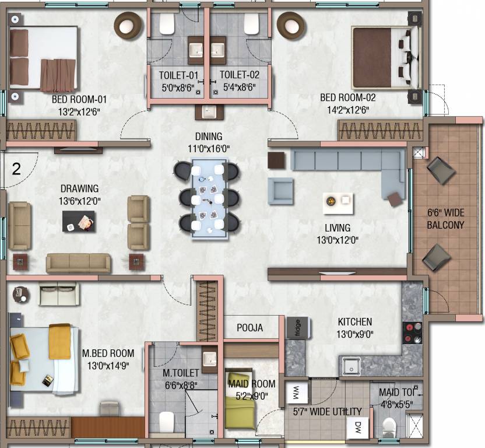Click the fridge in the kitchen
296,327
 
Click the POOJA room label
249,328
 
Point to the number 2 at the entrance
16,170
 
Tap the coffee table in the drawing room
79,221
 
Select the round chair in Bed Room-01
128,24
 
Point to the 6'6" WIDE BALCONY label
445,219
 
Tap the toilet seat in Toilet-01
167,24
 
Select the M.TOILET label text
181,373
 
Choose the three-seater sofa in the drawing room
78,263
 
